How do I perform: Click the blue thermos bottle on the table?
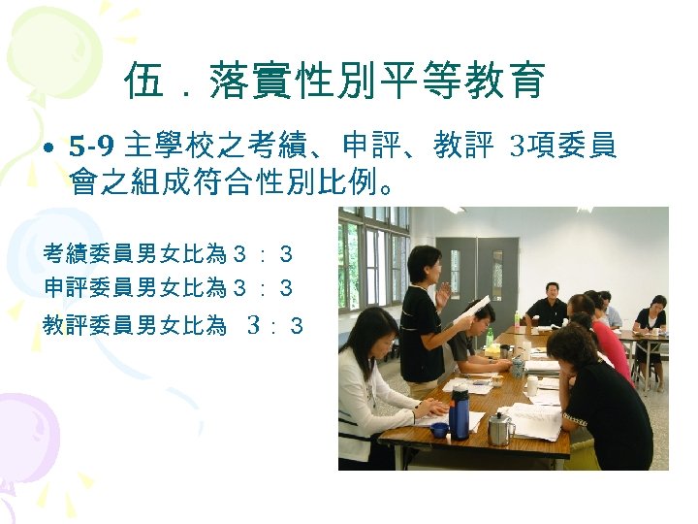[x=460, y=411]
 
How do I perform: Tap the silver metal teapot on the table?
[x=498, y=428]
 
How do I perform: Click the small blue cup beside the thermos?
[x=440, y=429]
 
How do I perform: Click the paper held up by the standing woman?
[x=472, y=310]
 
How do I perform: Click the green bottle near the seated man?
[x=489, y=336]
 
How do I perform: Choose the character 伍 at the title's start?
[x=143, y=82]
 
